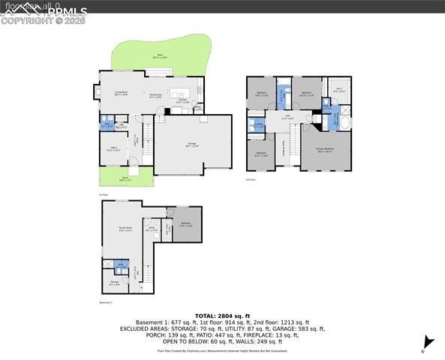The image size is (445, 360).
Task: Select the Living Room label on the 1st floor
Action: point(121,93)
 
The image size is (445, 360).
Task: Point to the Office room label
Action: point(114,148)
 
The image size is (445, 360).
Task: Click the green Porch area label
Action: point(125,178)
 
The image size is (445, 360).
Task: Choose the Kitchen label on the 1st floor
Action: point(182,100)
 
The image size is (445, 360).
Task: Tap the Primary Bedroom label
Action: point(324,150)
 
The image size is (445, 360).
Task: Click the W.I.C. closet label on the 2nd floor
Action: point(338,91)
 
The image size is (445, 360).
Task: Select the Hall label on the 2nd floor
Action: point(286,116)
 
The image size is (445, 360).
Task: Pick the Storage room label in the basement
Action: point(115,283)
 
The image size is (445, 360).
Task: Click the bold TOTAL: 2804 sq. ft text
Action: point(222,316)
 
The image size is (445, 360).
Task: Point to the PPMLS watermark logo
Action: point(45,12)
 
